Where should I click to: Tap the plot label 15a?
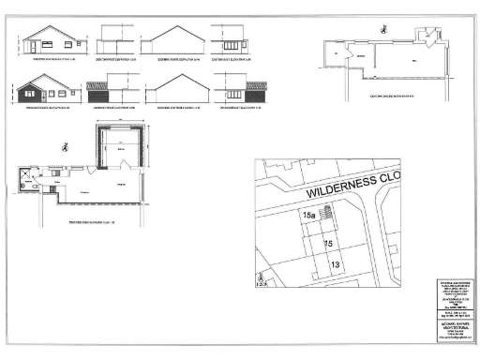coord(308,215)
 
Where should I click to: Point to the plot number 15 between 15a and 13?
coord(328,243)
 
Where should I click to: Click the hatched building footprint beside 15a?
coord(325,217)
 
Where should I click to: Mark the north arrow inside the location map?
coord(261,278)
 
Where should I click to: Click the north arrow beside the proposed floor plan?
coord(64,146)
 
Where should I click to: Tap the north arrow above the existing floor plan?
coord(382,28)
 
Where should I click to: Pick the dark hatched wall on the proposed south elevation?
coord(29,94)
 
